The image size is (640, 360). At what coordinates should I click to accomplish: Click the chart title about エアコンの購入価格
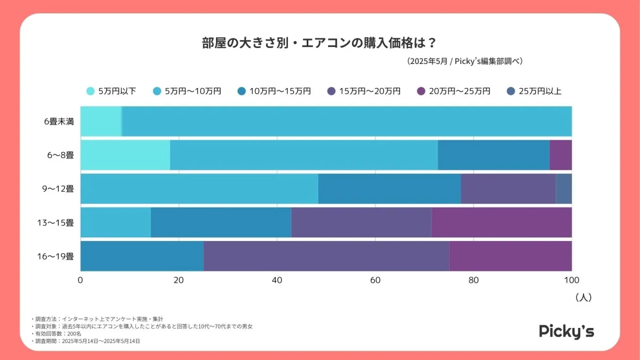pos(319,43)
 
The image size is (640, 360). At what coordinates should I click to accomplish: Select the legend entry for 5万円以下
pos(111,91)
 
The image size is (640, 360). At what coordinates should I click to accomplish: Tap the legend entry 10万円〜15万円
pos(274,91)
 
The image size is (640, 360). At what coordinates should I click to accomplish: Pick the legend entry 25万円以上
pos(533,91)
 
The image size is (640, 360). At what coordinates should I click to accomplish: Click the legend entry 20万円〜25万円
pos(453,91)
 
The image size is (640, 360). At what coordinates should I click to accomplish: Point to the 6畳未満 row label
pos(59,121)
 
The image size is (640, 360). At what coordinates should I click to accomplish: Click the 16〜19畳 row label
pos(55,256)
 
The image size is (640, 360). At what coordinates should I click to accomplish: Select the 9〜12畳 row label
pos(57,188)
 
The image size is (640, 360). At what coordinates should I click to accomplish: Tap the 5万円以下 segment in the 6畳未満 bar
pos(101,121)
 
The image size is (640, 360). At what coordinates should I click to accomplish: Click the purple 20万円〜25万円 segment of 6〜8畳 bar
pos(561,155)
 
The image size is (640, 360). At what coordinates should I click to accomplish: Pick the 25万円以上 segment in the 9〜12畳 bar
pos(564,188)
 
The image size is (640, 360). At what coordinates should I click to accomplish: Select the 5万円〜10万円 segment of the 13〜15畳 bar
pos(116,222)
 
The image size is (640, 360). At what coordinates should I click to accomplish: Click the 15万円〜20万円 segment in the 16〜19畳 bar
pos(326,256)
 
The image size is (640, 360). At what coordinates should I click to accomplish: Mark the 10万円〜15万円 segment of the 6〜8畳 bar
pos(493,155)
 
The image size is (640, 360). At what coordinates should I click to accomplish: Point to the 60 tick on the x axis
pos(375,281)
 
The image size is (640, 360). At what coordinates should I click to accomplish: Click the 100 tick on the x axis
pos(571,281)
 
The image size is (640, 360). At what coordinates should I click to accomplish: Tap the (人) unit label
pos(583,298)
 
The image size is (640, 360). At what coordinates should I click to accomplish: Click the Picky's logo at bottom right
pos(566,331)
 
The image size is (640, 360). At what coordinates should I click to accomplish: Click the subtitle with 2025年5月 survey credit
pos(465,61)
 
